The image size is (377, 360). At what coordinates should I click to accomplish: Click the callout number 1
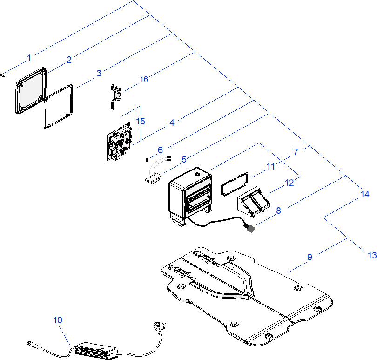pyautogui.click(x=29, y=58)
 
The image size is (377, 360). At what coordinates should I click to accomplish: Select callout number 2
pyautogui.click(x=69, y=59)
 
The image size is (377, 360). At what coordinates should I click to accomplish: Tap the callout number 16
pyautogui.click(x=144, y=79)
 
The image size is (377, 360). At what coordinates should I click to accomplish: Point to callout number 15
pyautogui.click(x=141, y=121)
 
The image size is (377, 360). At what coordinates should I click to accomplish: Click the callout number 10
pyautogui.click(x=57, y=320)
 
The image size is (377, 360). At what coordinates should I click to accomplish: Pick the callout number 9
pyautogui.click(x=310, y=256)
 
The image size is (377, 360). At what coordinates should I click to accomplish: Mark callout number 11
pyautogui.click(x=271, y=167)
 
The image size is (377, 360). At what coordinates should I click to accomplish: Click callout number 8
pyautogui.click(x=278, y=211)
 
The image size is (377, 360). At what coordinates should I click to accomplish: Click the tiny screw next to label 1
pyautogui.click(x=3, y=75)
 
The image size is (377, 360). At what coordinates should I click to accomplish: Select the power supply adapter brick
pyautogui.click(x=96, y=349)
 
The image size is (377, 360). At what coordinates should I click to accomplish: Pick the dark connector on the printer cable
pyautogui.click(x=249, y=228)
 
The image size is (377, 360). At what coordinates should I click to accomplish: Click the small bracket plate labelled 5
pyautogui.click(x=152, y=178)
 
